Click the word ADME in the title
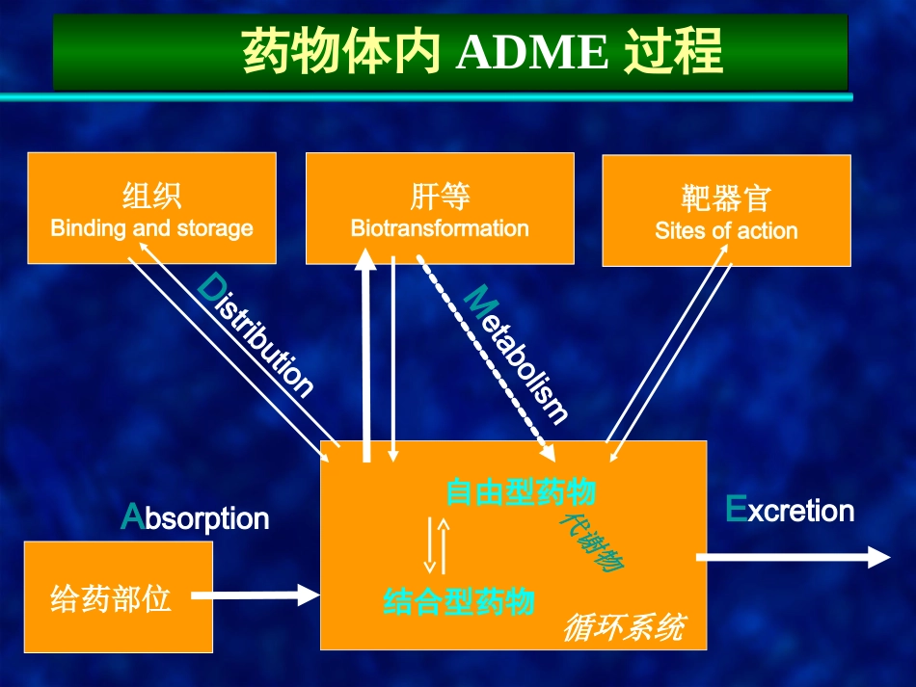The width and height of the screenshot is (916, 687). pos(533,52)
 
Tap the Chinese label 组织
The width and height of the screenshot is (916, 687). pos(152,196)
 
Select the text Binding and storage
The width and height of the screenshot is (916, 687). pos(152,228)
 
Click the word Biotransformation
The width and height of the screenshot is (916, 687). pos(440,228)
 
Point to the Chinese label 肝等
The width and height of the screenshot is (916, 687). pos(440,197)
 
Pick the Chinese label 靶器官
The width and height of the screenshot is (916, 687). pos(726,198)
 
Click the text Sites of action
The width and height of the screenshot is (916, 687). pos(726,230)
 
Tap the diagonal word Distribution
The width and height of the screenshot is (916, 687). pos(256,334)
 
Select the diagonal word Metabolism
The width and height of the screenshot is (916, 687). pos(515,354)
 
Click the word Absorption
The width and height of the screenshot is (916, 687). pos(195,517)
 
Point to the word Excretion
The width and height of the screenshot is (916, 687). pos(790,510)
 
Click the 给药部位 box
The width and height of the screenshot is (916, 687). pos(118,596)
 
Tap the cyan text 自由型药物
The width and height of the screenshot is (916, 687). pos(521,491)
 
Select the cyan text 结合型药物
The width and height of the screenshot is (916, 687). pos(459,601)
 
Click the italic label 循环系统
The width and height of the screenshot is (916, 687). pos(625,628)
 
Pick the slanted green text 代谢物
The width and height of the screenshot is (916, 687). pos(591,542)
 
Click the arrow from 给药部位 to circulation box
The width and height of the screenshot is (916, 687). pos(256,595)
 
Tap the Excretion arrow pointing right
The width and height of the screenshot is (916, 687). pos(794,558)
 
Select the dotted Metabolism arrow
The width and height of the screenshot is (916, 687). pos(486,357)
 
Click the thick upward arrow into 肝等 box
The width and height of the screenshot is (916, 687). pos(366,356)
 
